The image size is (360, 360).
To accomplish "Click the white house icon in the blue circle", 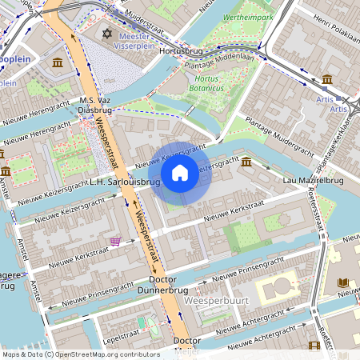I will (x=180, y=173).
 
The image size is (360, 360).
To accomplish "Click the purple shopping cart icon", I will (x=116, y=240).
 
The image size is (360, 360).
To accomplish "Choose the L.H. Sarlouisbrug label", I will (x=126, y=182).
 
